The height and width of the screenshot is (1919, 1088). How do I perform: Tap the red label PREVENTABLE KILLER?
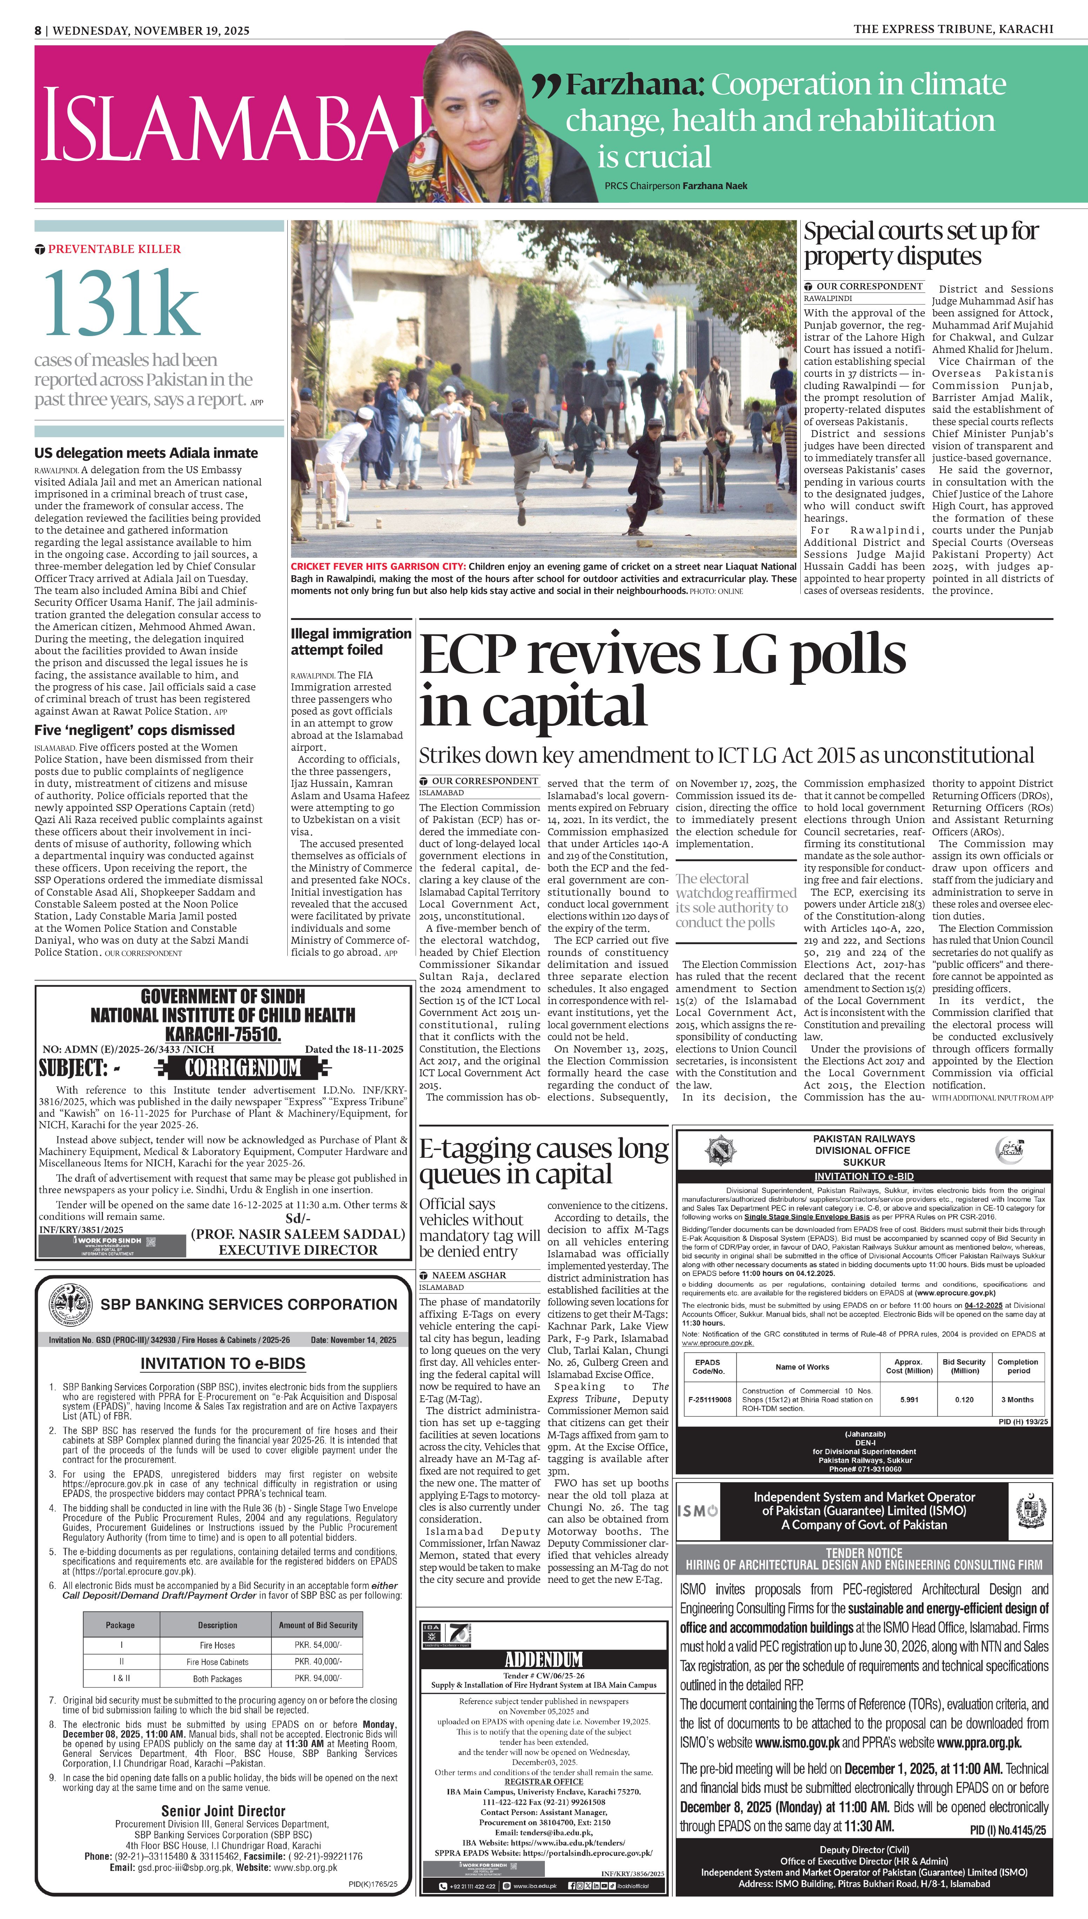click(x=114, y=249)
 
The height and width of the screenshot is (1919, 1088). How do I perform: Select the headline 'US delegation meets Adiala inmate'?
click(x=146, y=453)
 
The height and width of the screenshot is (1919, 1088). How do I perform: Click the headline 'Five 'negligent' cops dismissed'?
click(x=134, y=730)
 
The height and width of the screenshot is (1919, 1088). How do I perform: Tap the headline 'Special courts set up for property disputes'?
click(x=921, y=243)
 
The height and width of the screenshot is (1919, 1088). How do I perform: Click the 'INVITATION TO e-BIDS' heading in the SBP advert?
click(x=223, y=1363)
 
